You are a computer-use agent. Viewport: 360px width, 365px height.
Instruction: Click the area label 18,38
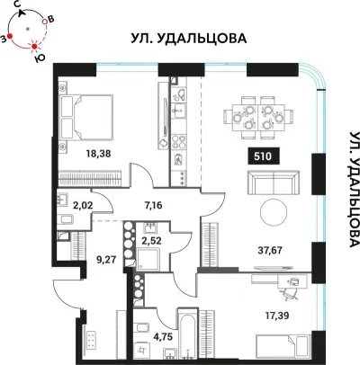[x=98, y=153]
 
